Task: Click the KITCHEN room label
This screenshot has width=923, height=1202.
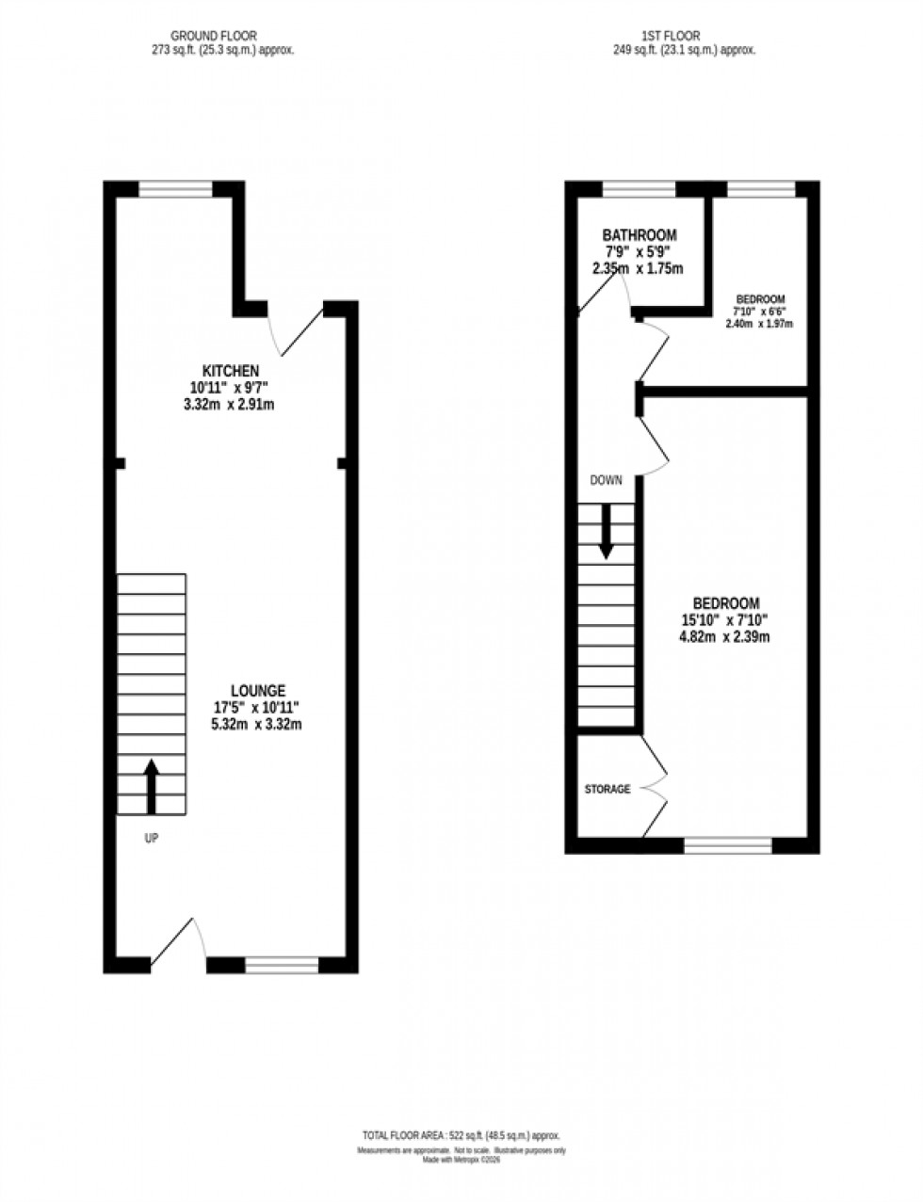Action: [231, 370]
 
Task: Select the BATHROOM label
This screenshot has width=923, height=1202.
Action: [640, 235]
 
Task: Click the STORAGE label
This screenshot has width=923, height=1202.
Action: [607, 789]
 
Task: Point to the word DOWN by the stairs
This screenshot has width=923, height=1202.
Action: [606, 480]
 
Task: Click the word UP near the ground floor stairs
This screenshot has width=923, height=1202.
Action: [151, 838]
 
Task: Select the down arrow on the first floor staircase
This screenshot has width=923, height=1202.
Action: [606, 531]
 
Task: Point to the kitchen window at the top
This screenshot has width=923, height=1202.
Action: [176, 189]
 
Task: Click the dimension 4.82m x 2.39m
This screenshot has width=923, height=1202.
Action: [725, 637]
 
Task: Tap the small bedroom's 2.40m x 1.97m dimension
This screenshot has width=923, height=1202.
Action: [759, 324]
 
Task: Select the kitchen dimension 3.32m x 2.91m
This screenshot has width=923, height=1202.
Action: [231, 405]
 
